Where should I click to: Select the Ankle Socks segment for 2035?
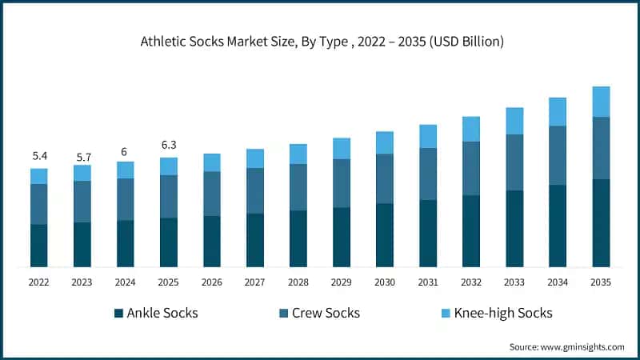coord(601,222)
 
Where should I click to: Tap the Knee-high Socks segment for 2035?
coord(601,102)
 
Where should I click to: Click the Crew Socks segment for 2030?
coord(385,178)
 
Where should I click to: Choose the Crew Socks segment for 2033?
coord(514,162)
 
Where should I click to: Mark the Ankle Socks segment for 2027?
coord(255,240)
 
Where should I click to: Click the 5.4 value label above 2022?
coord(39,156)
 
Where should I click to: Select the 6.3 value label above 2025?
coord(169,146)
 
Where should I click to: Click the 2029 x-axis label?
coord(342,282)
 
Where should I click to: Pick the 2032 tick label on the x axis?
coord(471,282)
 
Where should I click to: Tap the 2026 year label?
coord(212,282)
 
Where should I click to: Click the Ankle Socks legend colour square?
coord(118,313)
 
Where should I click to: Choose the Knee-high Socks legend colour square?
coord(446,313)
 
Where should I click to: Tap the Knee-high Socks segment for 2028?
coord(298,154)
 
